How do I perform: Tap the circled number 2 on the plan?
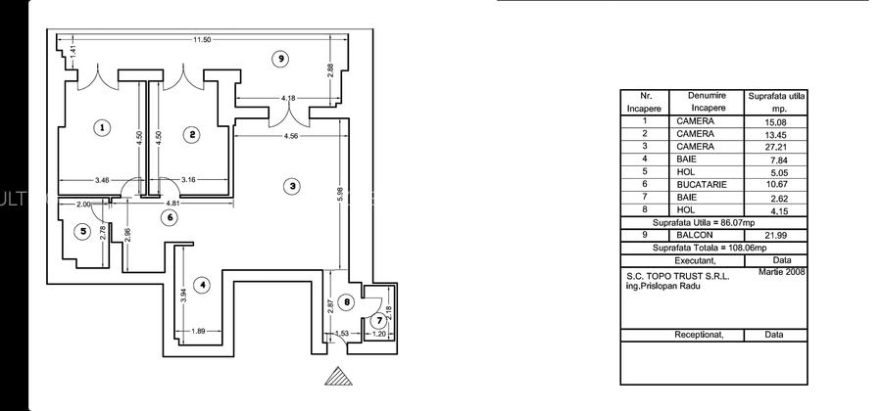coord(193,134)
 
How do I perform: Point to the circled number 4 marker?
coord(201,285)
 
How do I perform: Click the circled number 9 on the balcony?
coord(280,59)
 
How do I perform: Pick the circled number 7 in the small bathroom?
coord(379,321)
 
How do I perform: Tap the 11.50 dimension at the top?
coord(202,40)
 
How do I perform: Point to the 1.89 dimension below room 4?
coord(199,331)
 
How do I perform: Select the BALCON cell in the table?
coord(695,235)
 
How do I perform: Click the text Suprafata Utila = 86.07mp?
coord(714,222)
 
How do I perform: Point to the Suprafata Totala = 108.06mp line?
coord(714,248)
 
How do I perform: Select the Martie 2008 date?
coord(781,272)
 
